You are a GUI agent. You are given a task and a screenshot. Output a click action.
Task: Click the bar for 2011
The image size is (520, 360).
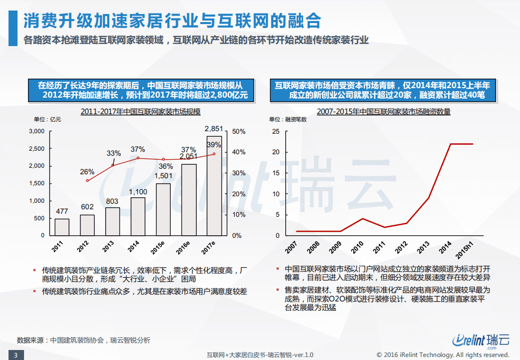coord(62,227)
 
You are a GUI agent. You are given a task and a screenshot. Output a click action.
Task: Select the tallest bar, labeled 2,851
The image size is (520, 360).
coord(214,185)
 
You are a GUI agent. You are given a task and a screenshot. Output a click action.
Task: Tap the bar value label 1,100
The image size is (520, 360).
coord(138,191)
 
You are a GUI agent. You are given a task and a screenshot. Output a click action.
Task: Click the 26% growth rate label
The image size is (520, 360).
coord(87,172)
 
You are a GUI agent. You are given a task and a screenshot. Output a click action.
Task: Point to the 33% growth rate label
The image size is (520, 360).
coord(114,153)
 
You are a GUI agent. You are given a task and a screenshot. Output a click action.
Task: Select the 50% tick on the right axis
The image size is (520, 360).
coord(238,131)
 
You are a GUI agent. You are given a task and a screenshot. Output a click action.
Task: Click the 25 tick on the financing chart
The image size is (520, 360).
coord(275,131)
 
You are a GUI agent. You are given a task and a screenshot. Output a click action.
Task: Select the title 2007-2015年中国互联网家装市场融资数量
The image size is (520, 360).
coord(383,112)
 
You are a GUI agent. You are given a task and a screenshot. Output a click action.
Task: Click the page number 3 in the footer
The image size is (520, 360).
coord(16,355)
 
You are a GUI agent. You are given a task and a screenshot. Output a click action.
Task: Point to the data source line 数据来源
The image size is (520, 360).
coord(83,340)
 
